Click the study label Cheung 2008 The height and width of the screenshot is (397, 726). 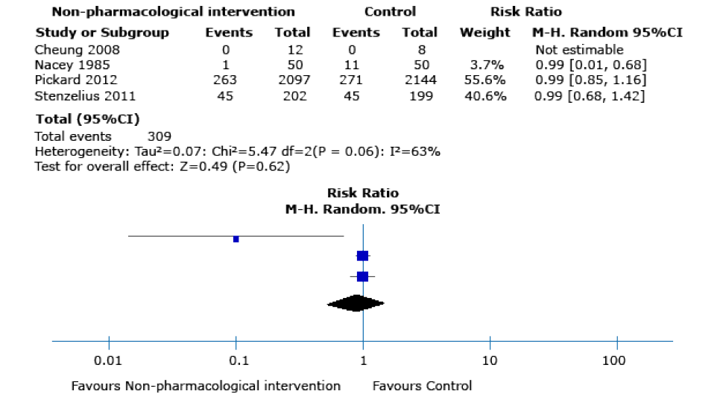(x=67, y=50)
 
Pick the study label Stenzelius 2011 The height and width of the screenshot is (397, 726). (x=77, y=95)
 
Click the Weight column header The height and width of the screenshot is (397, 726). (x=485, y=33)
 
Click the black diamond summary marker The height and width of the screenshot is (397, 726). (x=356, y=303)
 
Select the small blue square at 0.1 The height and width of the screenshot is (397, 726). (x=236, y=239)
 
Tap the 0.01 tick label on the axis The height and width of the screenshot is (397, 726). (x=109, y=361)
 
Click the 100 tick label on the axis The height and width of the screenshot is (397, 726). (x=616, y=361)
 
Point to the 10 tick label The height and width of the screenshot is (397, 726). (x=490, y=361)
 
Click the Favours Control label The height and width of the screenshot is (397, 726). (x=422, y=386)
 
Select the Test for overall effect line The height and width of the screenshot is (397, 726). (x=162, y=165)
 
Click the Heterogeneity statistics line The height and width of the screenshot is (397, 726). (x=238, y=151)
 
